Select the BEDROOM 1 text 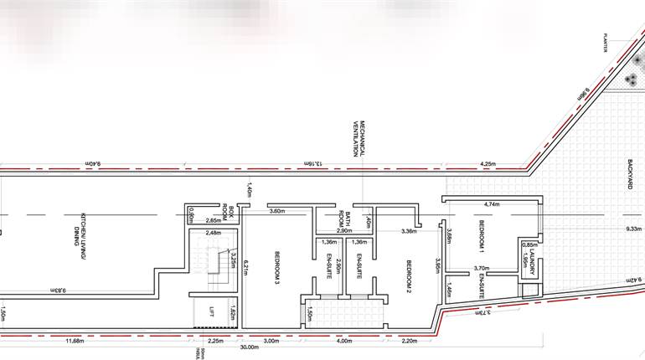(482, 237)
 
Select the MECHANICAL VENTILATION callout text (359, 138)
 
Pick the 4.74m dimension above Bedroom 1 (492, 203)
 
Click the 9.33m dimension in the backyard (633, 228)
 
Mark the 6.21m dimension (248, 269)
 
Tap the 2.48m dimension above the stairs (213, 233)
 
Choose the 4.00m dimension (344, 341)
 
